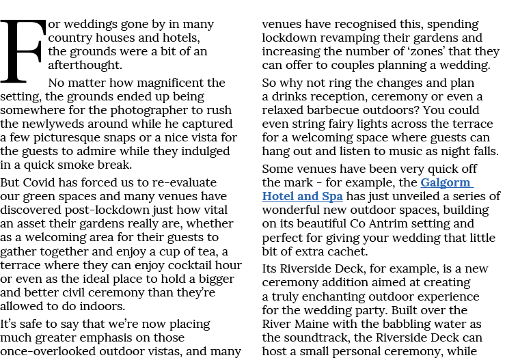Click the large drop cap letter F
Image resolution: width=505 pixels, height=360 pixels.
23,51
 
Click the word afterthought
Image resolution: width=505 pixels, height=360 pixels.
85,65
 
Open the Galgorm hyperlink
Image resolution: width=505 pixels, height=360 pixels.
446,182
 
